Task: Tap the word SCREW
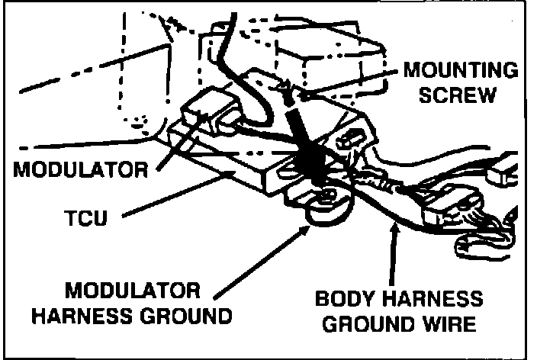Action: click(x=461, y=97)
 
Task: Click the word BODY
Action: click(x=352, y=298)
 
